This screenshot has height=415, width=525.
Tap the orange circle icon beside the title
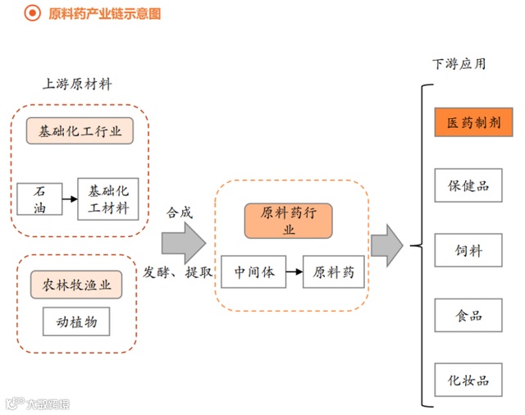(x=34, y=13)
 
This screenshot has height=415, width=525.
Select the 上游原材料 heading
(x=77, y=84)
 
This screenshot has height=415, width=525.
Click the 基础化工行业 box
(x=80, y=131)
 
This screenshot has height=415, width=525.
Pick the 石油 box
(x=39, y=198)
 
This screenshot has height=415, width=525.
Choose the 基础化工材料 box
(x=108, y=198)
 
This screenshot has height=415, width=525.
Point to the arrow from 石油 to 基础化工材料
(x=70, y=198)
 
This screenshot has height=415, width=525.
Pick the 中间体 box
(x=253, y=271)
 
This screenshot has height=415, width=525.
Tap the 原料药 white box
(x=333, y=271)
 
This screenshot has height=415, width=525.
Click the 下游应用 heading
(x=459, y=63)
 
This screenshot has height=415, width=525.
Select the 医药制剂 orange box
(x=468, y=123)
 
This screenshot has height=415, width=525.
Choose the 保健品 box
(x=468, y=185)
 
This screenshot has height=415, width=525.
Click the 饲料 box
(x=468, y=250)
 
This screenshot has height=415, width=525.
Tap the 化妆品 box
(x=468, y=380)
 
